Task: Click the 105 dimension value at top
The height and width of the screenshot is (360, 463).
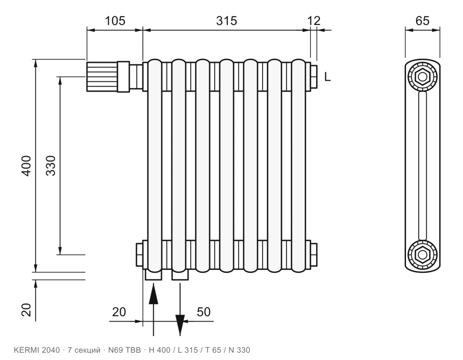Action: tap(115, 21)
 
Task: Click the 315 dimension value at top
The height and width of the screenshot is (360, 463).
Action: tap(227, 21)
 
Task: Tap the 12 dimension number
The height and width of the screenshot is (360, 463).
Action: tap(314, 21)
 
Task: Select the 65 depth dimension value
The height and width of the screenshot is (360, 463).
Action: tap(422, 21)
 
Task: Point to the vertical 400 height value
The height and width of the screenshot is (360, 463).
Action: tap(27, 166)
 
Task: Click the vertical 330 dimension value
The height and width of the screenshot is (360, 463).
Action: tap(51, 166)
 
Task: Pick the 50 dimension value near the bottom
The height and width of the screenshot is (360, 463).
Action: tap(203, 312)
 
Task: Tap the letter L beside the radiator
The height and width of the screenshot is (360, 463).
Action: tap(327, 77)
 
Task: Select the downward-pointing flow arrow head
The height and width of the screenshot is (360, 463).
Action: tap(180, 325)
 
